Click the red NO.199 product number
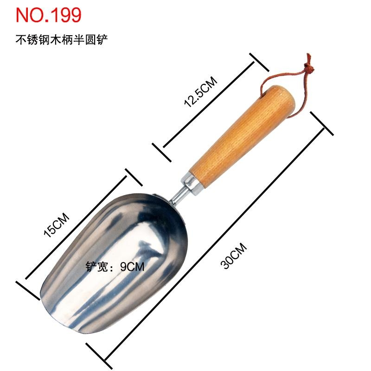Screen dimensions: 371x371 (49, 15)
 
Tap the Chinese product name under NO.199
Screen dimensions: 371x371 (62, 39)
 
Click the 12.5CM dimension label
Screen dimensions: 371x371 (201, 91)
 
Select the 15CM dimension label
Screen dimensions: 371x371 (57, 225)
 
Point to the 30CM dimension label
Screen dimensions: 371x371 (234, 256)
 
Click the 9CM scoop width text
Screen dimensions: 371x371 (132, 267)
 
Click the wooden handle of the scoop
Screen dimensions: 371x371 (243, 137)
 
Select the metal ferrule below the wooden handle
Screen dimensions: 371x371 (192, 184)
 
